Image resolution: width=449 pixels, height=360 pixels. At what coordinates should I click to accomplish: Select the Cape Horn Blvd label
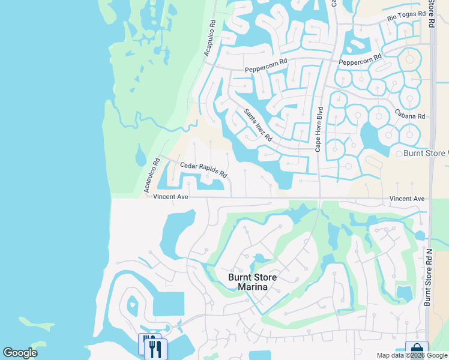click(x=319, y=128)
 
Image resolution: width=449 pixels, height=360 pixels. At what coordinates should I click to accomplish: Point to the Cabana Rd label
click(x=410, y=116)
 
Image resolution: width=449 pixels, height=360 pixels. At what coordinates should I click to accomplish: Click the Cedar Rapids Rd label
click(x=204, y=169)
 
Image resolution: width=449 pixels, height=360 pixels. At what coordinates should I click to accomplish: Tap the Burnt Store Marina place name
click(x=255, y=282)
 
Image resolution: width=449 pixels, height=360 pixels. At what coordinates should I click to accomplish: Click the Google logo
click(x=20, y=353)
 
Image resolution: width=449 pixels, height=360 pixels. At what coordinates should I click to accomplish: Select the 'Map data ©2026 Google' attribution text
click(x=411, y=355)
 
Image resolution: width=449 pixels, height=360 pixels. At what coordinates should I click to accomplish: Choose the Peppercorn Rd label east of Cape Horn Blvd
click(x=360, y=60)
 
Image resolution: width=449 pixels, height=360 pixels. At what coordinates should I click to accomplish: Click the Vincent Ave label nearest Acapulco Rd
click(x=171, y=197)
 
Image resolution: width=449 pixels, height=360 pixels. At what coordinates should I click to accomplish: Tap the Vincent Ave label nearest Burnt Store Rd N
click(x=407, y=199)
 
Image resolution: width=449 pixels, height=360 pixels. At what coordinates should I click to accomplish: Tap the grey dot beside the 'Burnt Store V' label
click(x=398, y=154)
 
